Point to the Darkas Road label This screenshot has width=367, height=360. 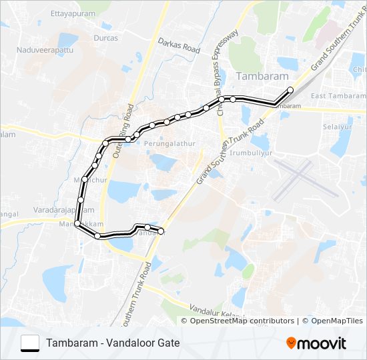point(179,45)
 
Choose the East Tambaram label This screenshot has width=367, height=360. point(337,96)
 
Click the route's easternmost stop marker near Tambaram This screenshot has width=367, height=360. point(290,89)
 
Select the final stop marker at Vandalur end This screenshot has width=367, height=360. point(161,231)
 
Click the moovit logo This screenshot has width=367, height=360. point(316,343)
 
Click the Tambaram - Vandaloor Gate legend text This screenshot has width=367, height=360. point(113,343)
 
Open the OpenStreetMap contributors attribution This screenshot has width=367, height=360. point(242,321)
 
